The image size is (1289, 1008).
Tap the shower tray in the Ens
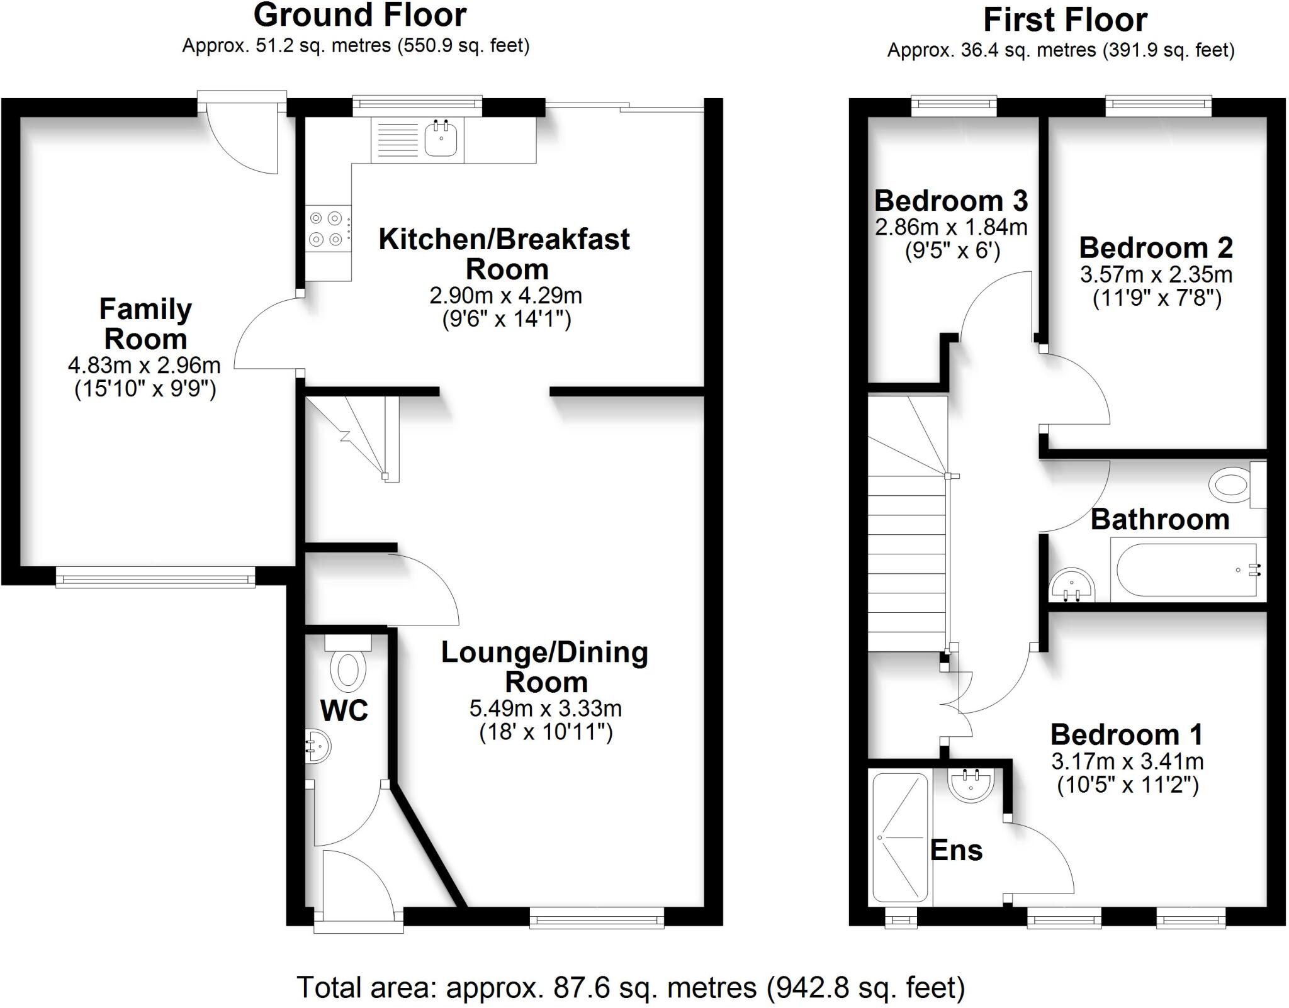(x=900, y=837)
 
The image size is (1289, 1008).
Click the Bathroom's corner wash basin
(x=1072, y=585)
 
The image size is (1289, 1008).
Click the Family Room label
(x=145, y=324)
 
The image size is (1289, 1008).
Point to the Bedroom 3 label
(x=951, y=201)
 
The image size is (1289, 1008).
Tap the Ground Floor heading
(x=359, y=15)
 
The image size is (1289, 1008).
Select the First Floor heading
(x=1065, y=20)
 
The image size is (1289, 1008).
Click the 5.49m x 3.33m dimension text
(x=546, y=708)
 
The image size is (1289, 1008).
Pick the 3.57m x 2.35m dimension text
(x=1156, y=274)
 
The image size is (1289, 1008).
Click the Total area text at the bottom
(x=631, y=987)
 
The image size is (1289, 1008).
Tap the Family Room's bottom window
(x=155, y=577)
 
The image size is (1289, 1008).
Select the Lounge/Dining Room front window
(x=597, y=917)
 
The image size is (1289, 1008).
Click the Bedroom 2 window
(x=1159, y=106)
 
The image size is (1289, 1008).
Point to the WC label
(x=344, y=711)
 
